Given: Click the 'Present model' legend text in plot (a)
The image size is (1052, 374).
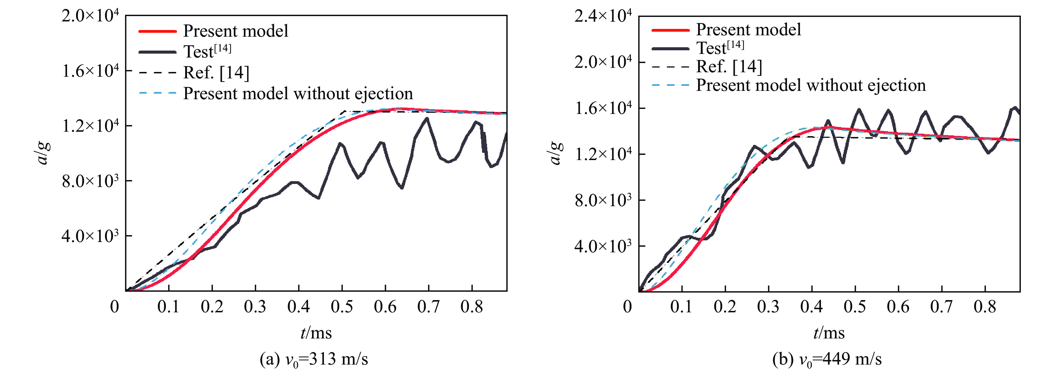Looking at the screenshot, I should coord(236,31).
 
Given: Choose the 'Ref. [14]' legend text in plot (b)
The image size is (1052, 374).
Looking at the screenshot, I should coord(729,66).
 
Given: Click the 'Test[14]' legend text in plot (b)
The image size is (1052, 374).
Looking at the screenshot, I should coord(720,48).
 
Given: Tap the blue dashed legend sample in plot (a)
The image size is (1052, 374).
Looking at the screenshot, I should coord(158,93).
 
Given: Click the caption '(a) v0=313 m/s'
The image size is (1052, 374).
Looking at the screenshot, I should coord(314,359).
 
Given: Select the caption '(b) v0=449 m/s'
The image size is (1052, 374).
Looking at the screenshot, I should coord(827,359).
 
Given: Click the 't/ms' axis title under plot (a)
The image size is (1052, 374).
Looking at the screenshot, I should coord(316,333).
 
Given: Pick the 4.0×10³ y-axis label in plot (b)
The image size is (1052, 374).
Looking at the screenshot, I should coord(603,247).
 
